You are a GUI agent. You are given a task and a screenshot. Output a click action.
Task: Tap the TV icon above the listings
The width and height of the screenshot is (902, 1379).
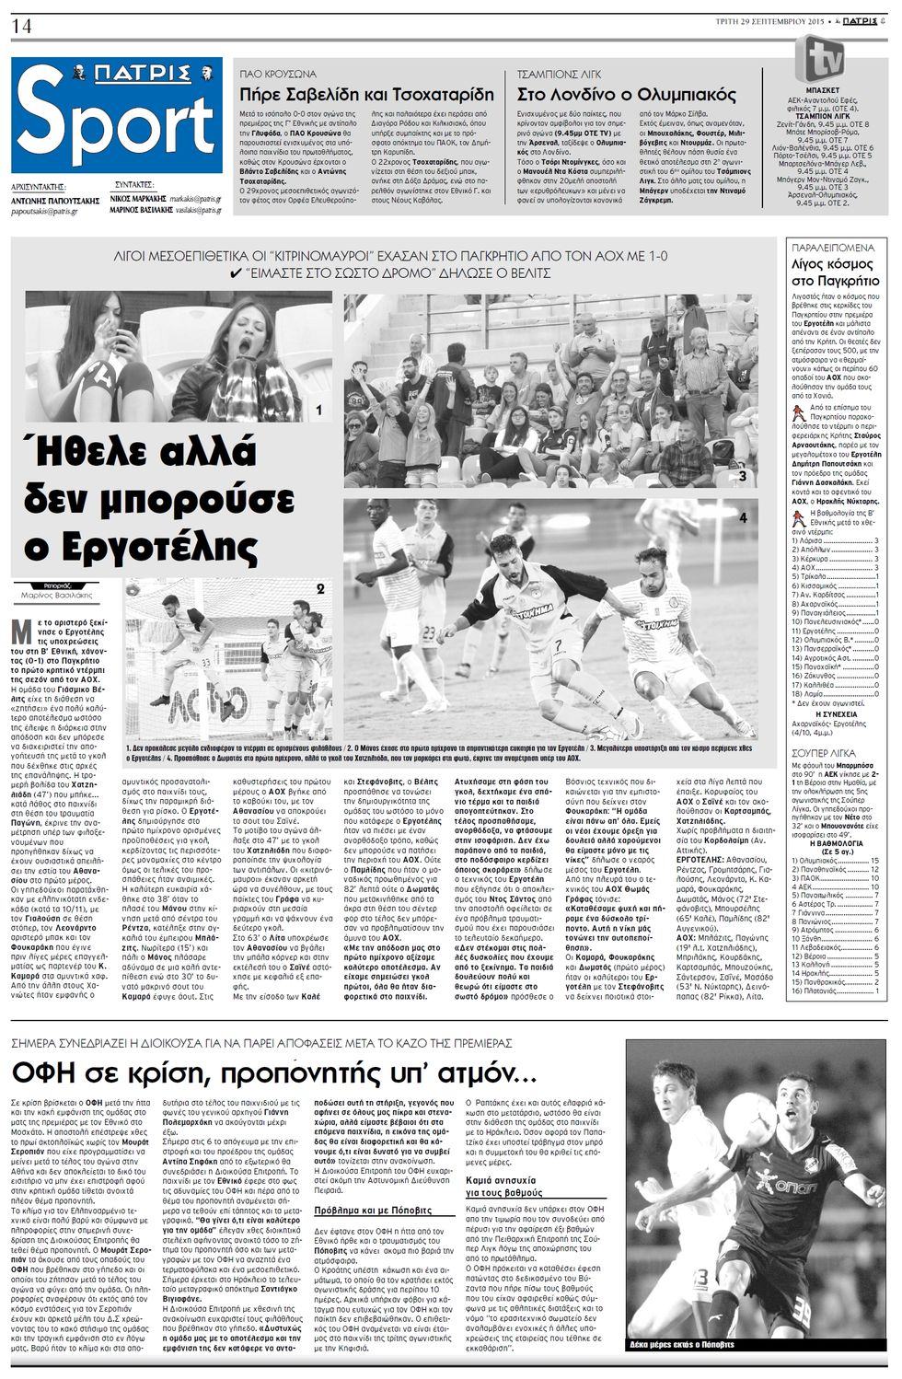coord(825,57)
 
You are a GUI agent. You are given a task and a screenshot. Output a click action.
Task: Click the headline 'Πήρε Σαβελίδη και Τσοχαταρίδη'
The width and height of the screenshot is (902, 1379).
coord(366,95)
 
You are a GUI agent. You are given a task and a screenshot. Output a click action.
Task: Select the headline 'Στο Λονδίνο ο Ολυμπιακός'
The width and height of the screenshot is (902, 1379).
coord(627,95)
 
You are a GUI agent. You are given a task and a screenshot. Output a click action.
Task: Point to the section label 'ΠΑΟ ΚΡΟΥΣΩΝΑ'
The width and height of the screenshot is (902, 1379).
coord(277,74)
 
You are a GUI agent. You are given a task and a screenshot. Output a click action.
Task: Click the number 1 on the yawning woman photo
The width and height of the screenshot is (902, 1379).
coord(318,411)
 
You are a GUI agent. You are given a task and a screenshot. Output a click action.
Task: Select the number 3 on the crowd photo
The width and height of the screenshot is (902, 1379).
coord(743,476)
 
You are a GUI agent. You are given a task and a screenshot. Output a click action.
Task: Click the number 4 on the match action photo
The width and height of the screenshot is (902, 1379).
coord(743,518)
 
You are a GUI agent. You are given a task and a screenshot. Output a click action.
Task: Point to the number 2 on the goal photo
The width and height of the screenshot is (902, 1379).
coord(319,587)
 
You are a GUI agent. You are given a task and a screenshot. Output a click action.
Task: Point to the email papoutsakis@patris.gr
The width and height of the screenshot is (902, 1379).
coord(44,211)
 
